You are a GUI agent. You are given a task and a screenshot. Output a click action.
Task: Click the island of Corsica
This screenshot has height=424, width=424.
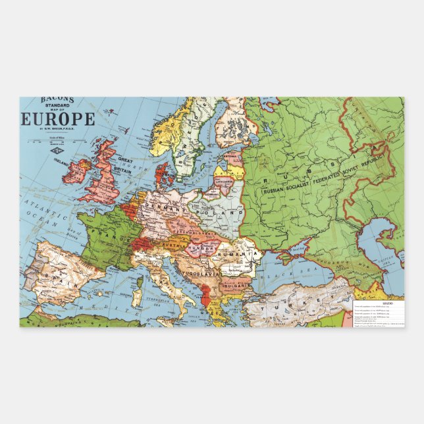[x=140, y=285]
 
